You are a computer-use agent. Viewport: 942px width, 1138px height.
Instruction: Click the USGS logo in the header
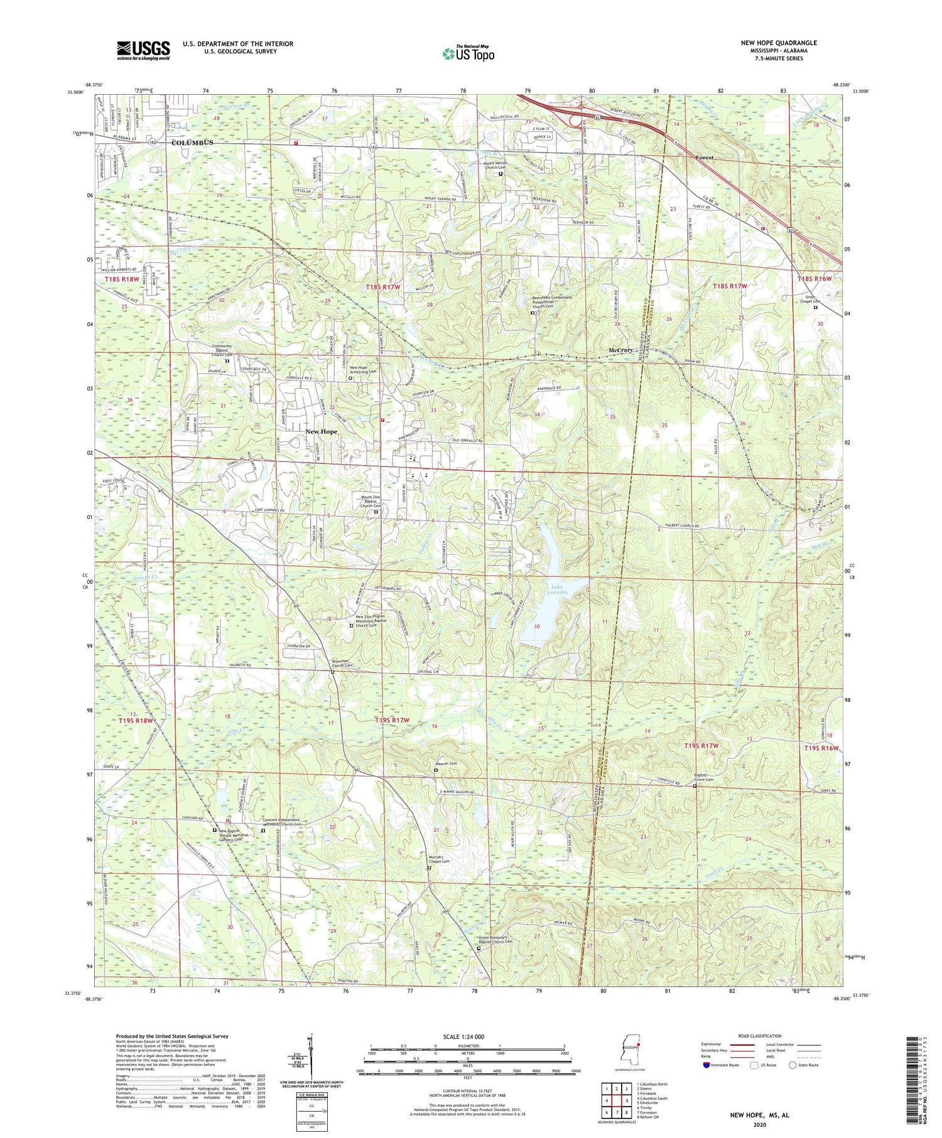(x=143, y=50)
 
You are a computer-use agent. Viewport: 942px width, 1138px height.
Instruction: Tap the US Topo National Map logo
(x=468, y=53)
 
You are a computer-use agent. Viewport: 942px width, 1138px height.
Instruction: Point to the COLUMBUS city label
(x=192, y=142)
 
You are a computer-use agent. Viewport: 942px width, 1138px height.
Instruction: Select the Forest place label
(x=704, y=158)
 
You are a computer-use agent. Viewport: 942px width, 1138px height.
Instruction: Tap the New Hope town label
(x=321, y=432)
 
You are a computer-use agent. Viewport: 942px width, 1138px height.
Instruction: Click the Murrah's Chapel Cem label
(x=438, y=861)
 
